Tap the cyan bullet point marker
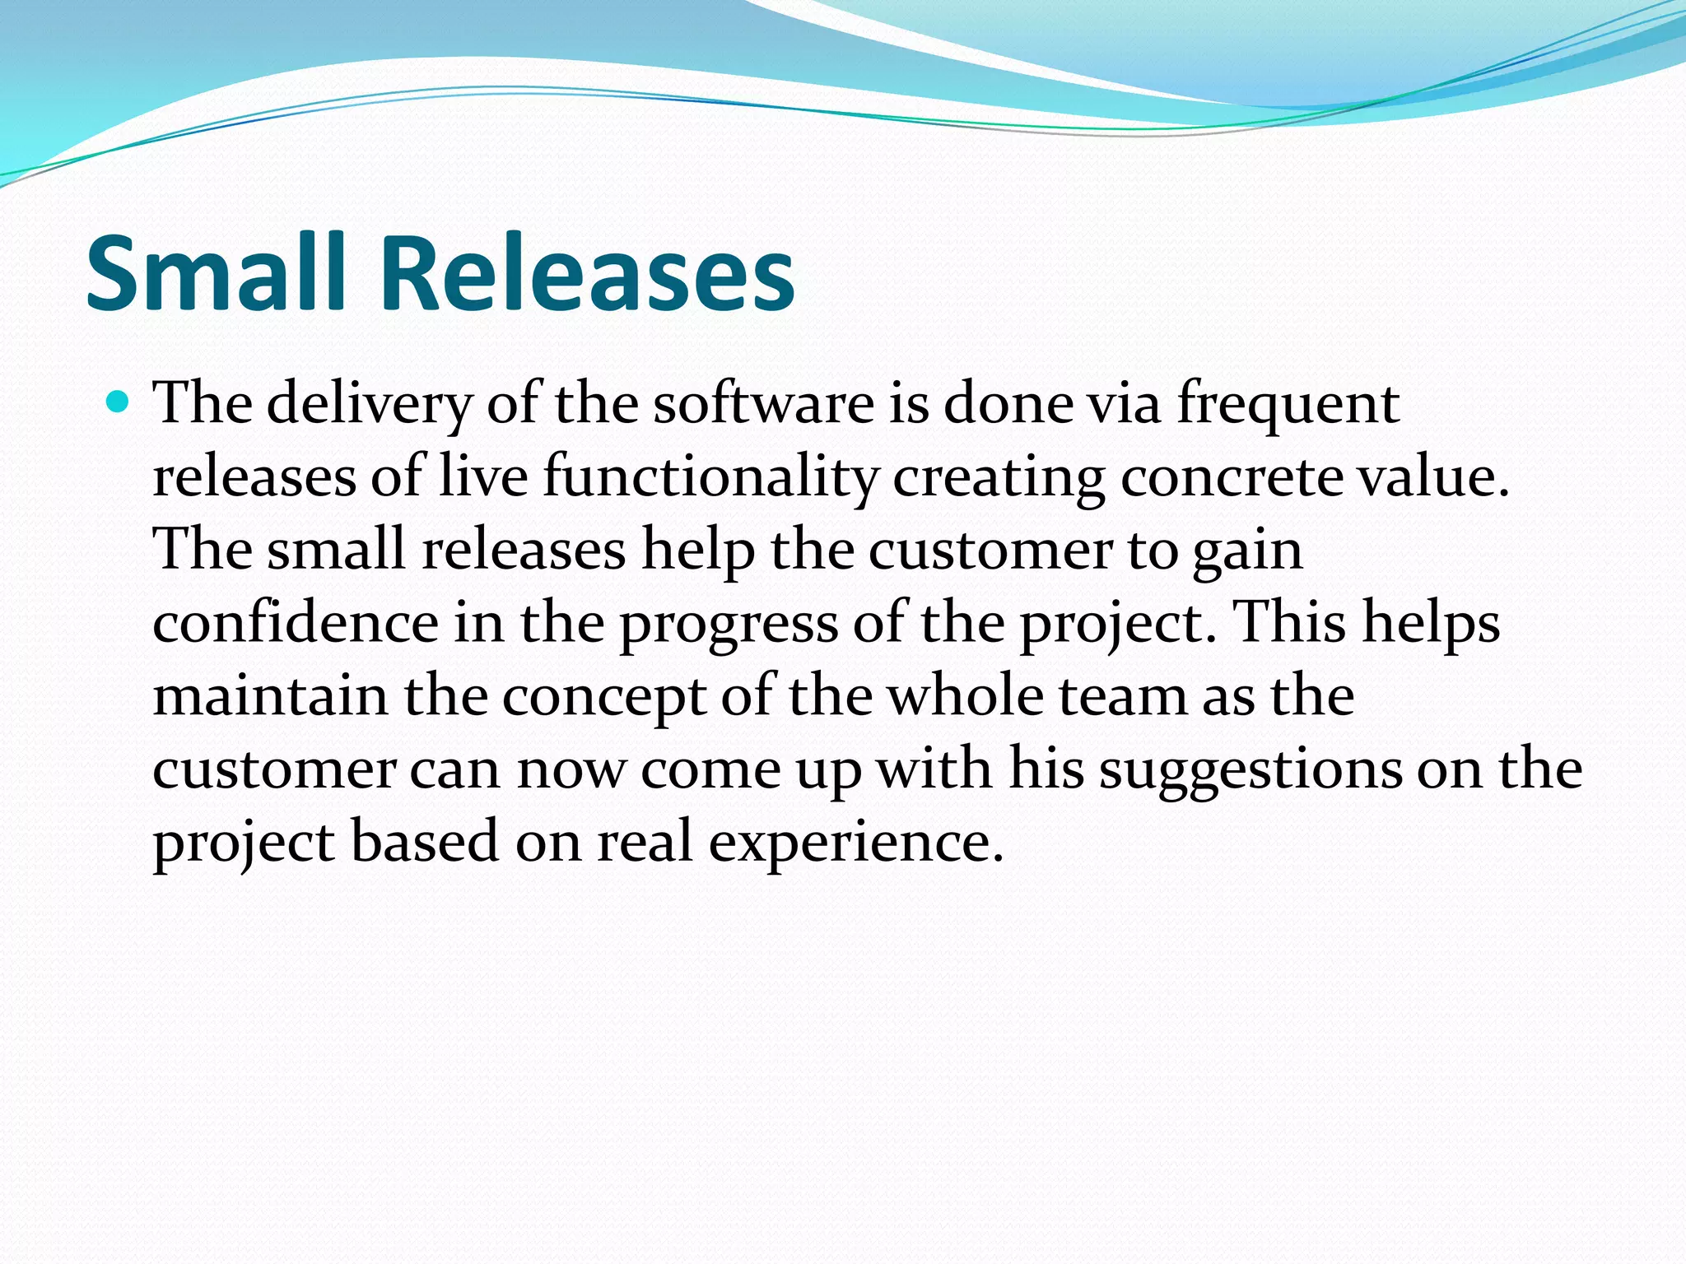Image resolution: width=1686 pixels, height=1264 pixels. tap(119, 402)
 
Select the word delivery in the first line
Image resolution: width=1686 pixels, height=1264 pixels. tap(370, 405)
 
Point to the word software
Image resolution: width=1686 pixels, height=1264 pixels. tap(763, 405)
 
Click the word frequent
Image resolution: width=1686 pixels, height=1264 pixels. tap(1288, 405)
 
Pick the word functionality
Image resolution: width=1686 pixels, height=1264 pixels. tap(710, 478)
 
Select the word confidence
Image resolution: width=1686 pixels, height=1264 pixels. tap(296, 623)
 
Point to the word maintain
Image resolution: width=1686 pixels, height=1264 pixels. tap(270, 696)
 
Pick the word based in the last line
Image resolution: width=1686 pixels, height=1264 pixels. tap(425, 843)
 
